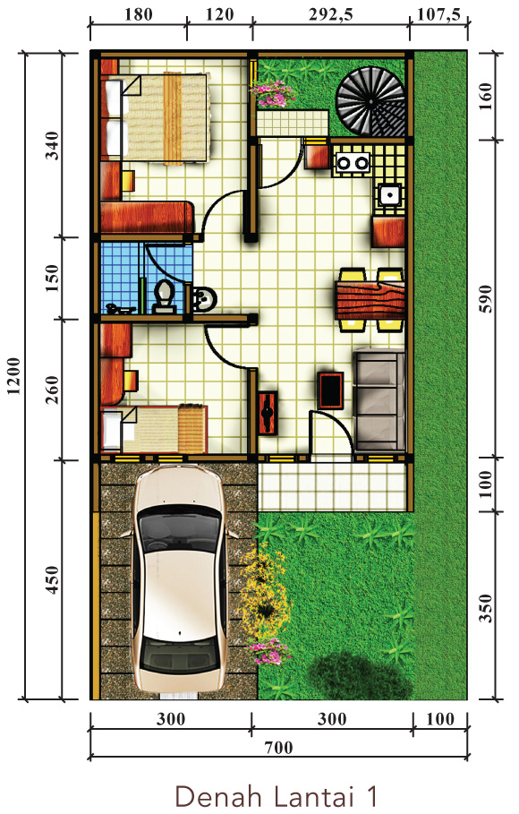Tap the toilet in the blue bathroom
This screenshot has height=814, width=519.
pos(165,296)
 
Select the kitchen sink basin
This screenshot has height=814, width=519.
pos(388,195)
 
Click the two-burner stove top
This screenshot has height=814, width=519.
pos(353,163)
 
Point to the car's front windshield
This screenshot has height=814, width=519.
pos(179,526)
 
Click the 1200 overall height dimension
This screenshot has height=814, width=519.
pos(14,376)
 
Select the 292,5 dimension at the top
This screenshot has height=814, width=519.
pos(330,14)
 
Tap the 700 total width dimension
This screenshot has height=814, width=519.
pos(278,748)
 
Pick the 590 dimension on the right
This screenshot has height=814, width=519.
pos(486,298)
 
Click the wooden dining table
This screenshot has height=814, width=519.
pos(370,300)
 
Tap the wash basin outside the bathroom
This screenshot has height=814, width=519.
pos(203,299)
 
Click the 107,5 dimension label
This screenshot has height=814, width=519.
pos(439,14)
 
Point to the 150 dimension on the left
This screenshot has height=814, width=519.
pos(53,278)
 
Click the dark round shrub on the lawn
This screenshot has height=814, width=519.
pos(361,675)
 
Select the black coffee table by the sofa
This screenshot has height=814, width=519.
pos(330,390)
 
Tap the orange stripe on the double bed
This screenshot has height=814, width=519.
pos(173,118)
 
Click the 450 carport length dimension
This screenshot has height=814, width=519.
pos(53,580)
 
